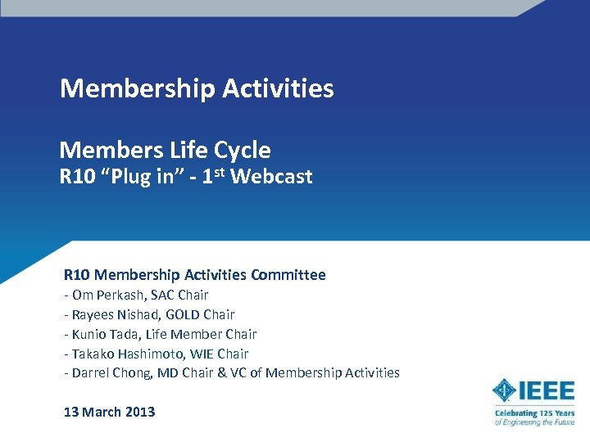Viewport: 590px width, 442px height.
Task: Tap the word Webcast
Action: click(x=272, y=177)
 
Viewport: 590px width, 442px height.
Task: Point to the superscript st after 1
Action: click(x=221, y=172)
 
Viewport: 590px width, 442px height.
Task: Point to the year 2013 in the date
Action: click(x=140, y=412)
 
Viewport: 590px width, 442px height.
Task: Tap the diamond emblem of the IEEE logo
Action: click(x=503, y=390)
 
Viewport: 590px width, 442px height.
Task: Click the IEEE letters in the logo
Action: click(x=546, y=390)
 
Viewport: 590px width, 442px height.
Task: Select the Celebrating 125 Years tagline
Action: click(x=534, y=414)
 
